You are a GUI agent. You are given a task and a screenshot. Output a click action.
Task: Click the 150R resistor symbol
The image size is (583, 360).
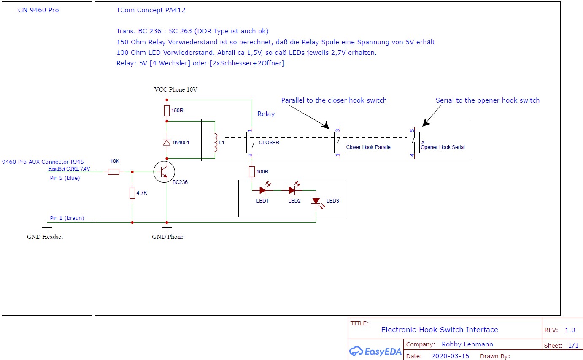point(167,111)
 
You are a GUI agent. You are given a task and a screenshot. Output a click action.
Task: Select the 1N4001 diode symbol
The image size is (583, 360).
point(167,142)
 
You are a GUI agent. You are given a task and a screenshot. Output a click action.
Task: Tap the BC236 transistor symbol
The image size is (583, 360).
point(165,172)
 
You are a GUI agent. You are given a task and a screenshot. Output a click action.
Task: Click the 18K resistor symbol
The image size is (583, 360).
point(113,172)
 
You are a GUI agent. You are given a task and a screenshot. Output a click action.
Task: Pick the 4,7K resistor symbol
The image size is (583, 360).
point(132,193)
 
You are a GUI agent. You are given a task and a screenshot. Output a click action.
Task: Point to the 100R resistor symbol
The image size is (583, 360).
point(252,172)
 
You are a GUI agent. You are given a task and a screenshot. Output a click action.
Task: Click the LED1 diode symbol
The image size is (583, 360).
point(262,190)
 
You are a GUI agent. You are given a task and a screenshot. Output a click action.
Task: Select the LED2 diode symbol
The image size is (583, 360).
point(292,190)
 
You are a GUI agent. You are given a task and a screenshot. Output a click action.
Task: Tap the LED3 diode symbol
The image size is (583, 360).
point(316,201)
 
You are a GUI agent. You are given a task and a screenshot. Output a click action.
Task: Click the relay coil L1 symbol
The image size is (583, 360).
point(216,143)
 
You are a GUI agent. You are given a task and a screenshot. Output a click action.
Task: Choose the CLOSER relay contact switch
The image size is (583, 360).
point(252,142)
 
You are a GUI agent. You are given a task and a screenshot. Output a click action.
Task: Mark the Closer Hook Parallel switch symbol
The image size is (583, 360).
point(340,142)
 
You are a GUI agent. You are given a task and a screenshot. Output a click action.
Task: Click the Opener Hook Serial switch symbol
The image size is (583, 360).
point(413,142)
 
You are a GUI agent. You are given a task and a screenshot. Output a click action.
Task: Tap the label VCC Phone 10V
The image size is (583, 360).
point(176,90)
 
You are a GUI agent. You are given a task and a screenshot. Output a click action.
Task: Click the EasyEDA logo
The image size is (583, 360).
point(375,351)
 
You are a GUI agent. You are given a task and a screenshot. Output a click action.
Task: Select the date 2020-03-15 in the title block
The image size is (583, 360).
point(450,356)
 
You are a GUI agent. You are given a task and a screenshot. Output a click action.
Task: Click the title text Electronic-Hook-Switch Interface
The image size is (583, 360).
point(439,330)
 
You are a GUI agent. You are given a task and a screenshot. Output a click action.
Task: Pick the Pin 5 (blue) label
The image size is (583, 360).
point(65,178)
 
